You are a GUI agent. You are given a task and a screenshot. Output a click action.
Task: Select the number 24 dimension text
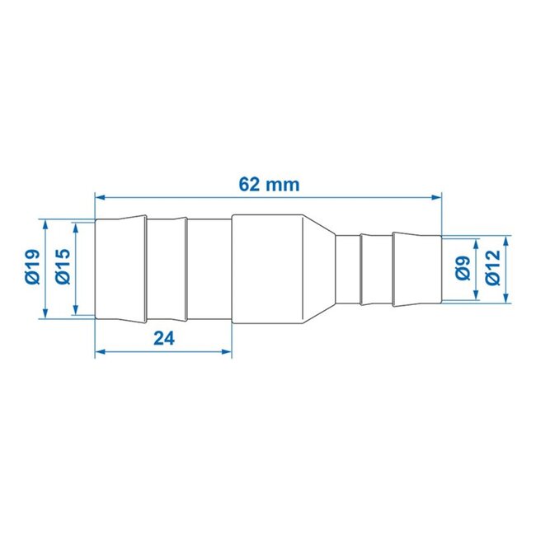[x=163, y=338]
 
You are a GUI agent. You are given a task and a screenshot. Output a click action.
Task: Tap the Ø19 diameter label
[x=31, y=268]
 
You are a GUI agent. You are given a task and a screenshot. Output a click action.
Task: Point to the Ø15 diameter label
[x=63, y=268]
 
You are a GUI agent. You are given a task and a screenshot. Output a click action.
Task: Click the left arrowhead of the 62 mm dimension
[x=101, y=197]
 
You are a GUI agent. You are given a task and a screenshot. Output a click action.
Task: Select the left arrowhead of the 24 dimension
[x=101, y=352]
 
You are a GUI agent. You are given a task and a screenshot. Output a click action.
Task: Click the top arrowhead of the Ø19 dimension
[x=46, y=224]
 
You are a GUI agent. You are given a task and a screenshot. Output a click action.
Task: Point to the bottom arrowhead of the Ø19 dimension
[x=46, y=313]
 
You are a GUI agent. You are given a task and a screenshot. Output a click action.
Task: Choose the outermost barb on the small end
[x=416, y=268]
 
